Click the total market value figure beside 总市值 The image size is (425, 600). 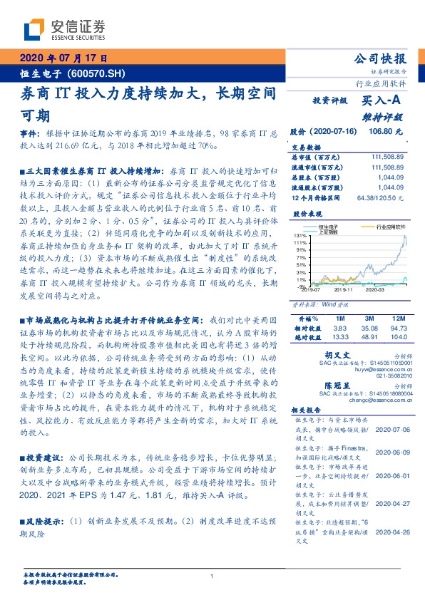[388, 156]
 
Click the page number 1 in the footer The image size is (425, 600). [212, 576]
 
